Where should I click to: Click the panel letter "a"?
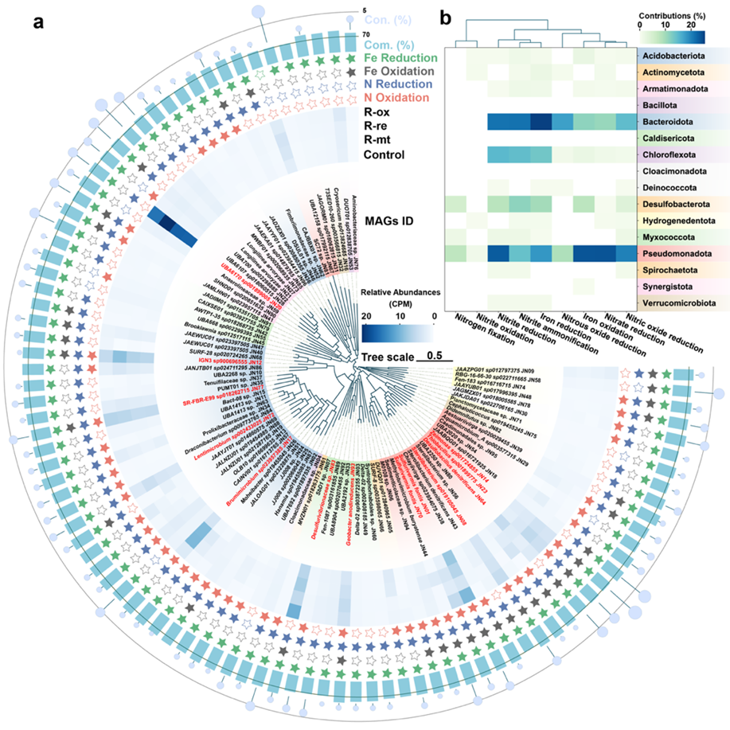pyautogui.click(x=37, y=22)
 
